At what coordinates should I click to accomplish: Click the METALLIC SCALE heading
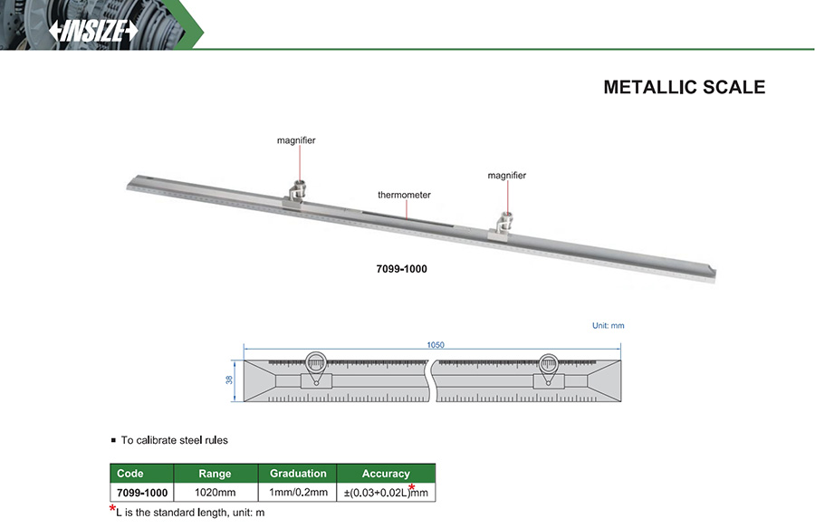tap(684, 88)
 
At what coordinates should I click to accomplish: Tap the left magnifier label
tap(296, 141)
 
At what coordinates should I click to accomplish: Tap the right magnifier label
tap(506, 175)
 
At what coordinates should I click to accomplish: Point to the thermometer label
tap(404, 195)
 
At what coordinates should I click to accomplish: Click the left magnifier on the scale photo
tap(297, 193)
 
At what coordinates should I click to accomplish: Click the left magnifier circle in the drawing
tap(316, 364)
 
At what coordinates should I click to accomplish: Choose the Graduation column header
tap(298, 474)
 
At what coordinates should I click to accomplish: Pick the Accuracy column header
tap(386, 474)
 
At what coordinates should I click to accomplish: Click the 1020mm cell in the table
tap(215, 493)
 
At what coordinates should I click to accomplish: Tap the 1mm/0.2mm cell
tap(298, 493)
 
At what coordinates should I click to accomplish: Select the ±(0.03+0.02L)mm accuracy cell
tap(386, 493)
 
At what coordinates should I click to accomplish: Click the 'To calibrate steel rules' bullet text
tap(175, 440)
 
